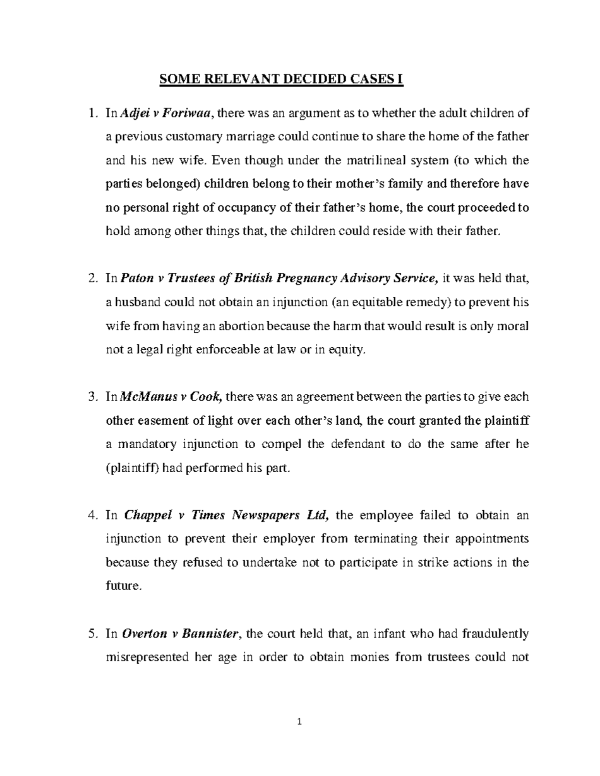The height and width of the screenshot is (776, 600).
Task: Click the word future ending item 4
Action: (122, 586)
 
